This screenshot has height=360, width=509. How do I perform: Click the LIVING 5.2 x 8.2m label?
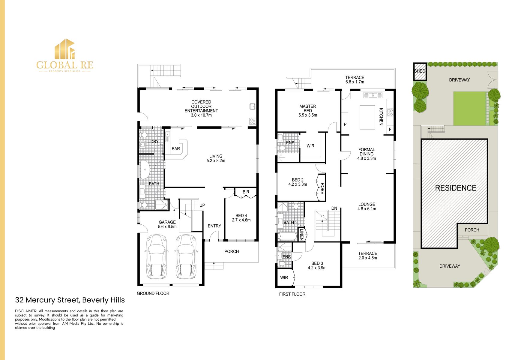[216, 158]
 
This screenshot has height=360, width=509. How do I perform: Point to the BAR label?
[176, 148]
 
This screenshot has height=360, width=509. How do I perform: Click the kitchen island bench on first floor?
[367, 117]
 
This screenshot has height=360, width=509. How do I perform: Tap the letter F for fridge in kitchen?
[390, 130]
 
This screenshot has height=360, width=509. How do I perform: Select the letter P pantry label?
[345, 124]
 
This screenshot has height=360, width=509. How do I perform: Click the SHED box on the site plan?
[420, 71]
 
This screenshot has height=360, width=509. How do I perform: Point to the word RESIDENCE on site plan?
[455, 188]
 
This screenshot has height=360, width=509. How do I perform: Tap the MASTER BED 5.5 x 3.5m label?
[307, 110]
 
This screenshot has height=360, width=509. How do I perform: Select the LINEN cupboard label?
[301, 235]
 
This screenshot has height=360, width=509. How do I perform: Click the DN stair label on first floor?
[334, 208]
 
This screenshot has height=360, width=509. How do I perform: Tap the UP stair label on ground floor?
[202, 205]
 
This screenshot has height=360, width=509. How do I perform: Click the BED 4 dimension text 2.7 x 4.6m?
[241, 220]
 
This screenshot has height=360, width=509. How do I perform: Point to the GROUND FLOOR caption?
[153, 293]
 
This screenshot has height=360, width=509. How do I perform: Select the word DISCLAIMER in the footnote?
[26, 311]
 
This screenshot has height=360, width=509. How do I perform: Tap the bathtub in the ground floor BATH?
[145, 170]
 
